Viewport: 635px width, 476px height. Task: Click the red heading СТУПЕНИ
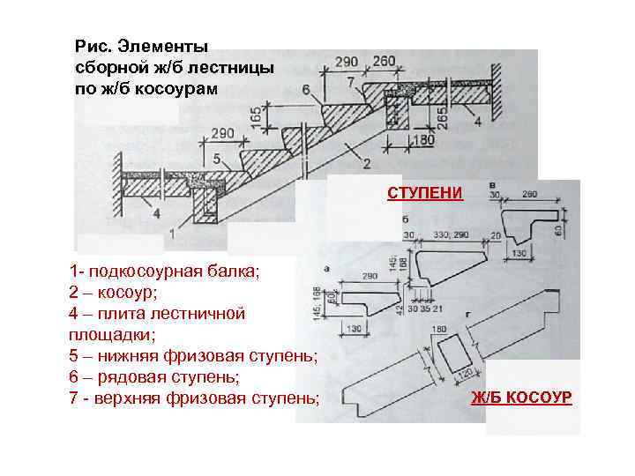(424, 193)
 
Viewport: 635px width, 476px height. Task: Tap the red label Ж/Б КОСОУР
(521, 398)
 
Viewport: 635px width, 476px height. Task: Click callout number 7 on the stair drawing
(350, 82)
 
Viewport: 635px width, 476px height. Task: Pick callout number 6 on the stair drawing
(305, 90)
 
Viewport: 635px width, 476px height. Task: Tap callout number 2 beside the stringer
(365, 163)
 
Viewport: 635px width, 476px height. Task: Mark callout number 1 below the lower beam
(171, 235)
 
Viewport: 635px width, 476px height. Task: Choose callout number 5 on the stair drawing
(217, 159)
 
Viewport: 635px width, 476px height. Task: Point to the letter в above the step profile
(491, 184)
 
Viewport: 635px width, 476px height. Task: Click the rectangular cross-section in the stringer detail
(455, 355)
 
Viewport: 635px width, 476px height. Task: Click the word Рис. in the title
(92, 45)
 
